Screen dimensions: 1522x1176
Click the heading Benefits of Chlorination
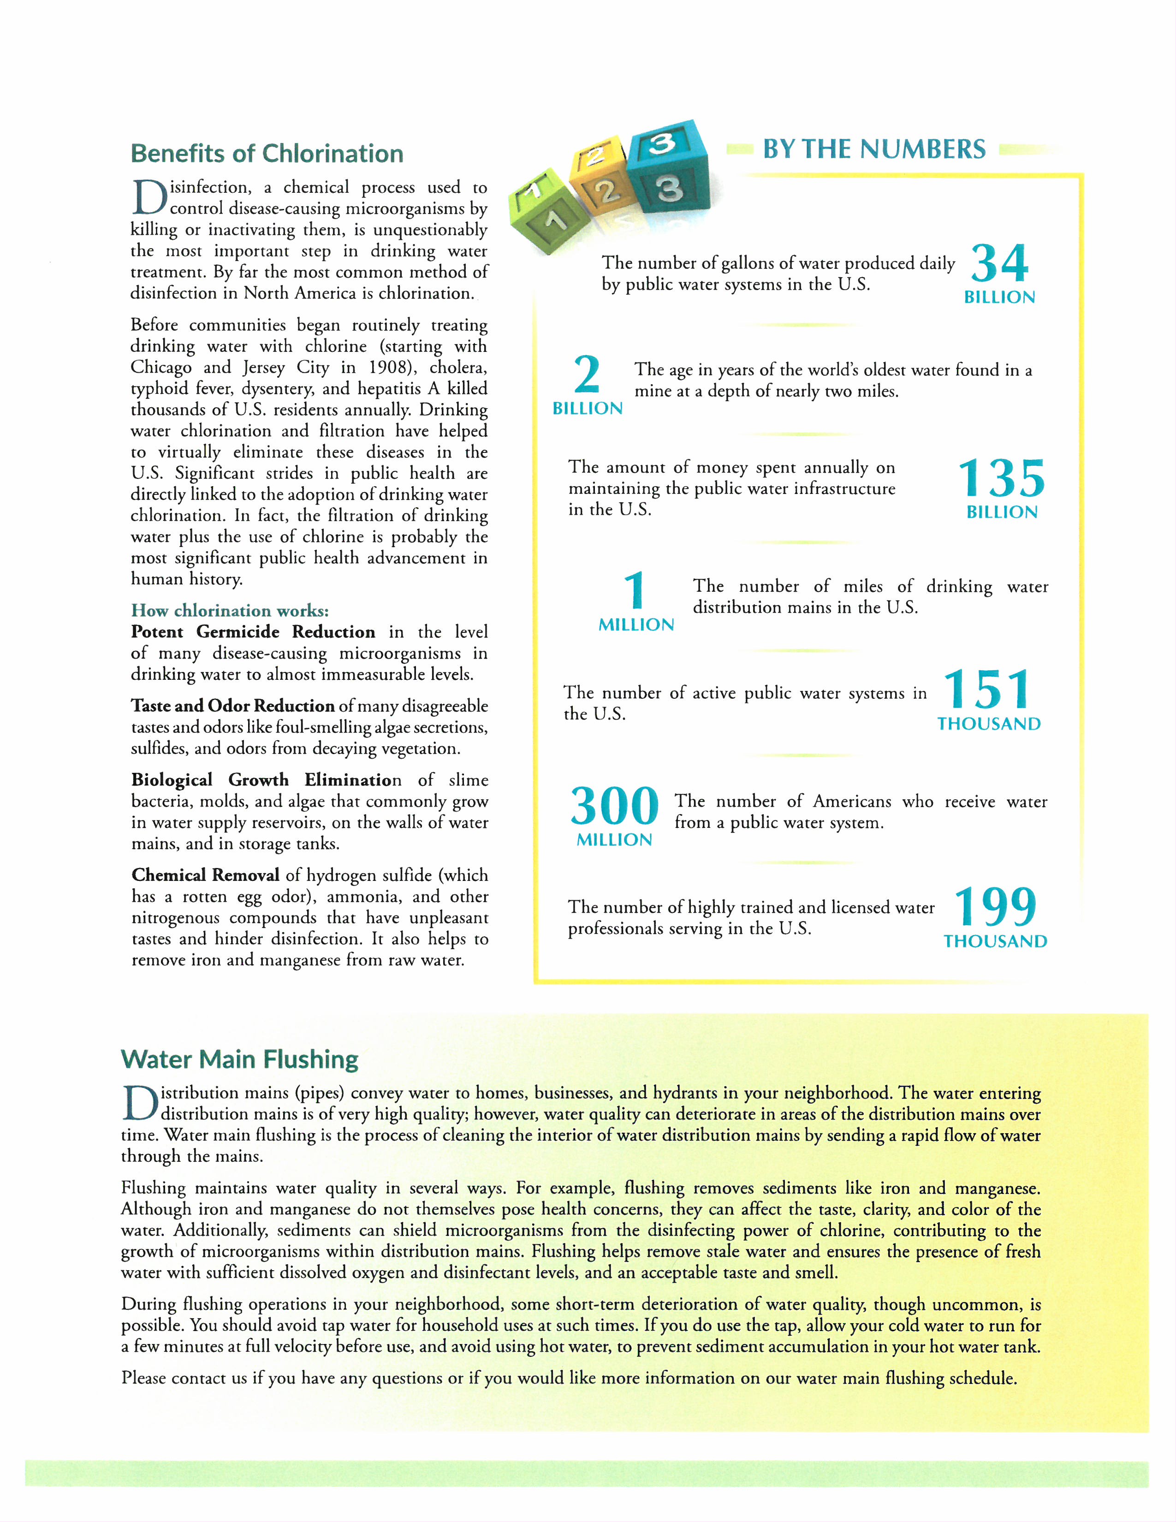click(x=267, y=153)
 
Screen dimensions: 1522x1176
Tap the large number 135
click(x=1001, y=479)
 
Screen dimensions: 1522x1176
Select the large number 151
click(x=986, y=690)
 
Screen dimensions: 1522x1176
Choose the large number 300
click(x=614, y=806)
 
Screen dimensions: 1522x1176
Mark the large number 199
click(x=995, y=907)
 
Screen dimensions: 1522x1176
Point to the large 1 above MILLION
click(x=635, y=590)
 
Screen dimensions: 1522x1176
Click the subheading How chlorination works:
click(x=230, y=611)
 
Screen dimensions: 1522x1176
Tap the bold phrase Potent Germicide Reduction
click(x=253, y=632)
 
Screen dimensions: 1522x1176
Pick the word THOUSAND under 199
click(x=995, y=941)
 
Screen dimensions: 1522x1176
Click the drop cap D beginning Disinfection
click(x=148, y=198)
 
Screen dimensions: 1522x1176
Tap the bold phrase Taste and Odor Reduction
click(x=233, y=706)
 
